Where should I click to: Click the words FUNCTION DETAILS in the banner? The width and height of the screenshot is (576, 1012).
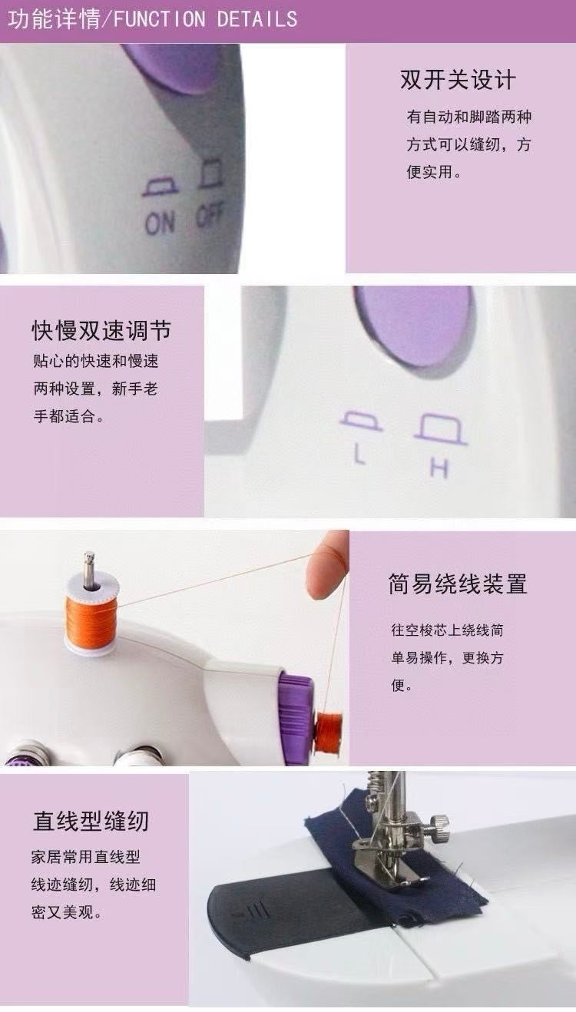pyautogui.click(x=206, y=19)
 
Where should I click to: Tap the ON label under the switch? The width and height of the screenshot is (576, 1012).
pyautogui.click(x=160, y=223)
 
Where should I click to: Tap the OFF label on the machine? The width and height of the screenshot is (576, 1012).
pyautogui.click(x=209, y=213)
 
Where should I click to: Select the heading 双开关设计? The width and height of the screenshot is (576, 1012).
pyautogui.click(x=458, y=80)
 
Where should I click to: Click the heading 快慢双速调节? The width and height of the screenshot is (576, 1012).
pyautogui.click(x=101, y=330)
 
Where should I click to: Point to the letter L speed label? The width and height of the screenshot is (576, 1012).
pyautogui.click(x=359, y=454)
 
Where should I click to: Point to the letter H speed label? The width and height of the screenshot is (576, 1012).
pyautogui.click(x=439, y=468)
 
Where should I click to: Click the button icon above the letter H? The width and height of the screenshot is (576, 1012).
pyautogui.click(x=441, y=429)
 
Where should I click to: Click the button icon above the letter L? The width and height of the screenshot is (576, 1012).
pyautogui.click(x=361, y=421)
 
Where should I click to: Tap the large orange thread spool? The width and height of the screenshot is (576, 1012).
pyautogui.click(x=91, y=615)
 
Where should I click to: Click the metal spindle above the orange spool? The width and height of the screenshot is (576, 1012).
pyautogui.click(x=89, y=569)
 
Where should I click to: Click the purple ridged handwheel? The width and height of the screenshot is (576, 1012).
pyautogui.click(x=296, y=719)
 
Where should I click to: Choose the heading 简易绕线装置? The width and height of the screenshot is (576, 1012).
pyautogui.click(x=458, y=584)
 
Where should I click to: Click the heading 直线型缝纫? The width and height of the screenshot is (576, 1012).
pyautogui.click(x=91, y=821)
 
